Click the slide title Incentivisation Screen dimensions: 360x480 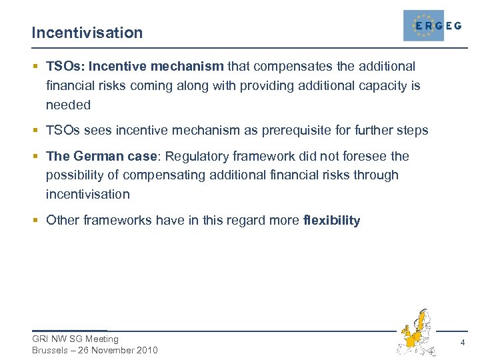tap(87, 33)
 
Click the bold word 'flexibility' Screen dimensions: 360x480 tap(331, 221)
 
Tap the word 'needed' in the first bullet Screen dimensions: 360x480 tap(68, 105)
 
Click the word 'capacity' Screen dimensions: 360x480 tap(373, 86)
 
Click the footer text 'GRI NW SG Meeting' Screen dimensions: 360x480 tap(75, 339)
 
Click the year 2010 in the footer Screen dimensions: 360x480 tap(146, 350)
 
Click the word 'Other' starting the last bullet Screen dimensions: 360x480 tap(61, 221)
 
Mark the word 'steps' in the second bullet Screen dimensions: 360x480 tap(413, 130)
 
